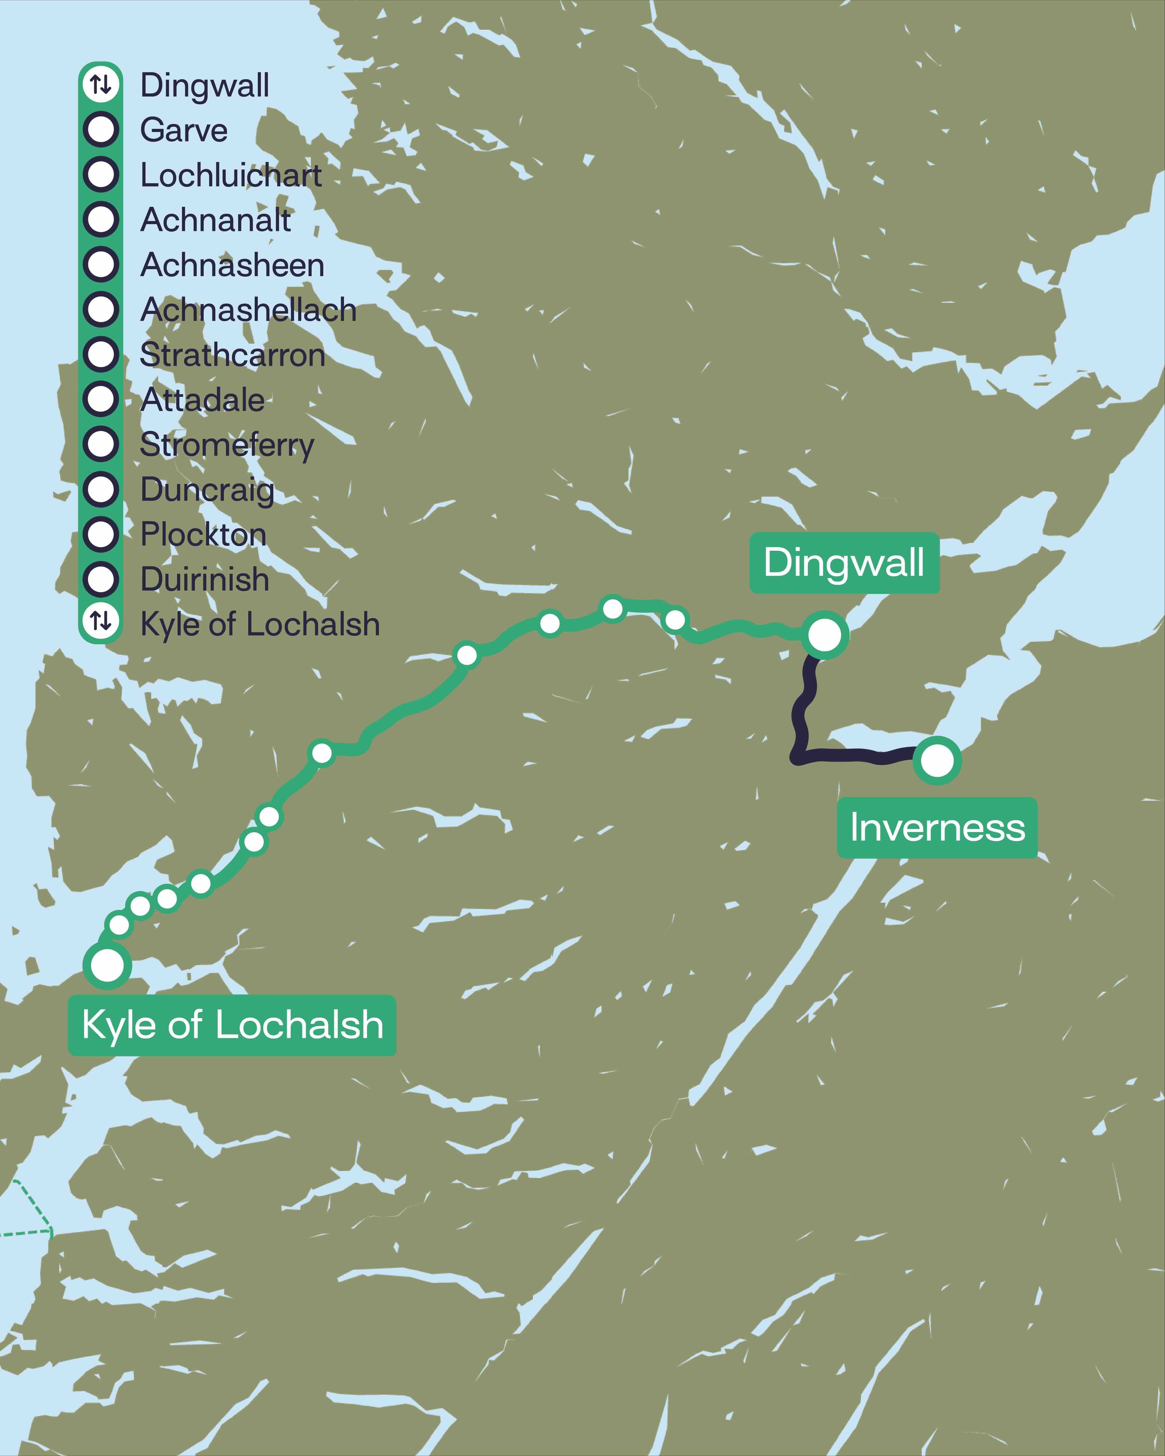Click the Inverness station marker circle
tap(937, 760)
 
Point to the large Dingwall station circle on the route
tap(825, 634)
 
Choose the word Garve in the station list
tap(184, 130)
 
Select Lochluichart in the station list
tap(231, 175)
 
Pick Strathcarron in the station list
tap(232, 355)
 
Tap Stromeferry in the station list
tap(227, 445)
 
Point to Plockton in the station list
tap(203, 535)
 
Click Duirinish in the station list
tap(205, 579)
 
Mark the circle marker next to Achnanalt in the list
tap(101, 219)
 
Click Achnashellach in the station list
tap(248, 310)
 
